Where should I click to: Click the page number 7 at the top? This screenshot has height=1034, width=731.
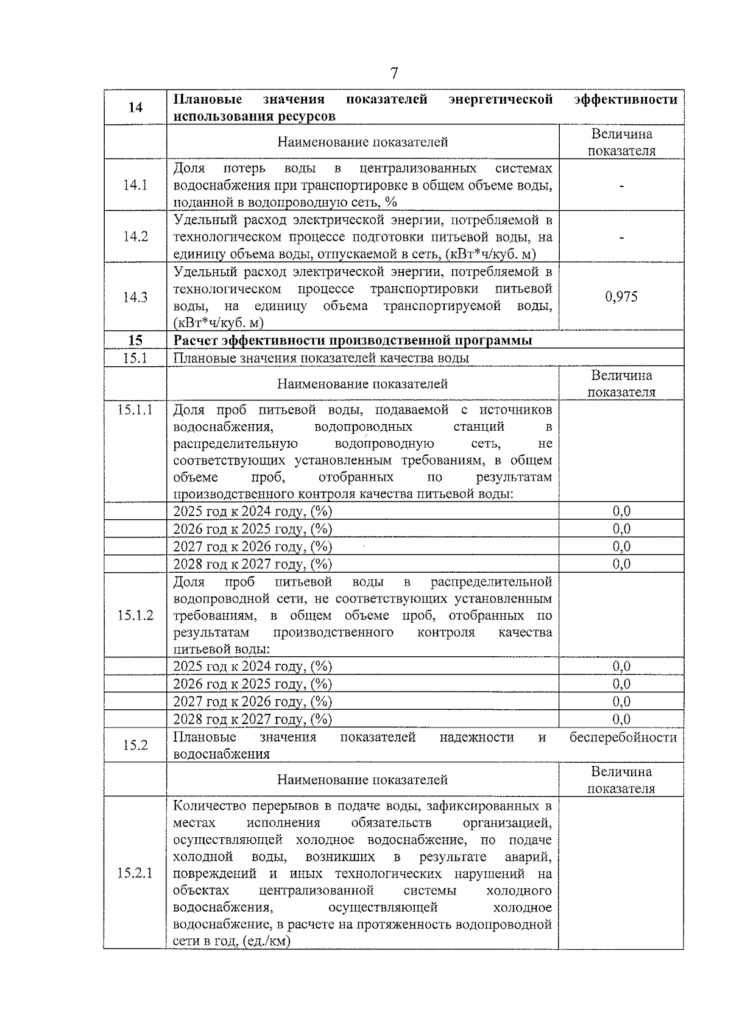pos(394,74)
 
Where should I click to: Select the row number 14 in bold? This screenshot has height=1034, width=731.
pos(135,107)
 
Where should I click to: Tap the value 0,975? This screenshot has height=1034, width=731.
pos(621,297)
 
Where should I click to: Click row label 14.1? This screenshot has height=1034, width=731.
pos(135,185)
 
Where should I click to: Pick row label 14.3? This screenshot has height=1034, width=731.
pos(135,297)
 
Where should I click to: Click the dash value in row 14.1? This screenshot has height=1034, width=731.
pos(621,186)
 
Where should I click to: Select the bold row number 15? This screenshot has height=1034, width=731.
pos(135,340)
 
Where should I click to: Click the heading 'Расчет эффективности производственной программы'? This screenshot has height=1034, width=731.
pos(353,340)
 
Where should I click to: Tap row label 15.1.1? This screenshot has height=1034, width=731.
pos(135,409)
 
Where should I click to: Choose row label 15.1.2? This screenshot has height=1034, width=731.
pos(135,615)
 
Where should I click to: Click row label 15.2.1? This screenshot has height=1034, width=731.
pos(135,873)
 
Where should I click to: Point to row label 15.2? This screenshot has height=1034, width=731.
pos(135,745)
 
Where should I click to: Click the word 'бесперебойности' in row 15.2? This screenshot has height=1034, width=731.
pos(623,737)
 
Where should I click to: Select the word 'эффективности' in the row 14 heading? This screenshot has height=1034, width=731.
pos(626,99)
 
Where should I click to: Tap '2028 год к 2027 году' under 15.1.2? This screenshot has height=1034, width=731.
pos(252,719)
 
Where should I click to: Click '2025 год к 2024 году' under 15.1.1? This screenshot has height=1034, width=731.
pos(252,511)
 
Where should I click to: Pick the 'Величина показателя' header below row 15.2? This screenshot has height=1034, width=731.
pos(621,780)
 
